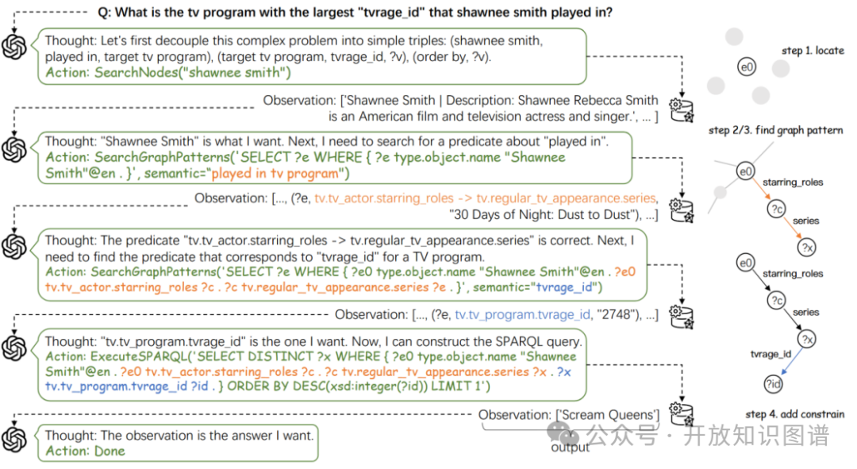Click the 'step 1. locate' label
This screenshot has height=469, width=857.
[813, 51]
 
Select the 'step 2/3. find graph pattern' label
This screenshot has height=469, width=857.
[775, 130]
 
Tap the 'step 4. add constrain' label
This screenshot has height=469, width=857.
[795, 413]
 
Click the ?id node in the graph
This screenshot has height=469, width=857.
[772, 384]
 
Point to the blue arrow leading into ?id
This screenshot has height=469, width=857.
[787, 362]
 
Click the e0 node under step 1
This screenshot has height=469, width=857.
[746, 67]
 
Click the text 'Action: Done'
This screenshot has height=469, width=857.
[85, 451]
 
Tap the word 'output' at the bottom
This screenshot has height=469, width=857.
[571, 448]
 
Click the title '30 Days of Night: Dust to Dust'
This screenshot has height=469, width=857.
[548, 214]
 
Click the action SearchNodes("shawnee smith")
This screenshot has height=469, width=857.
[168, 73]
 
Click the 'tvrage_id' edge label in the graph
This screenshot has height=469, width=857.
[771, 355]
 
